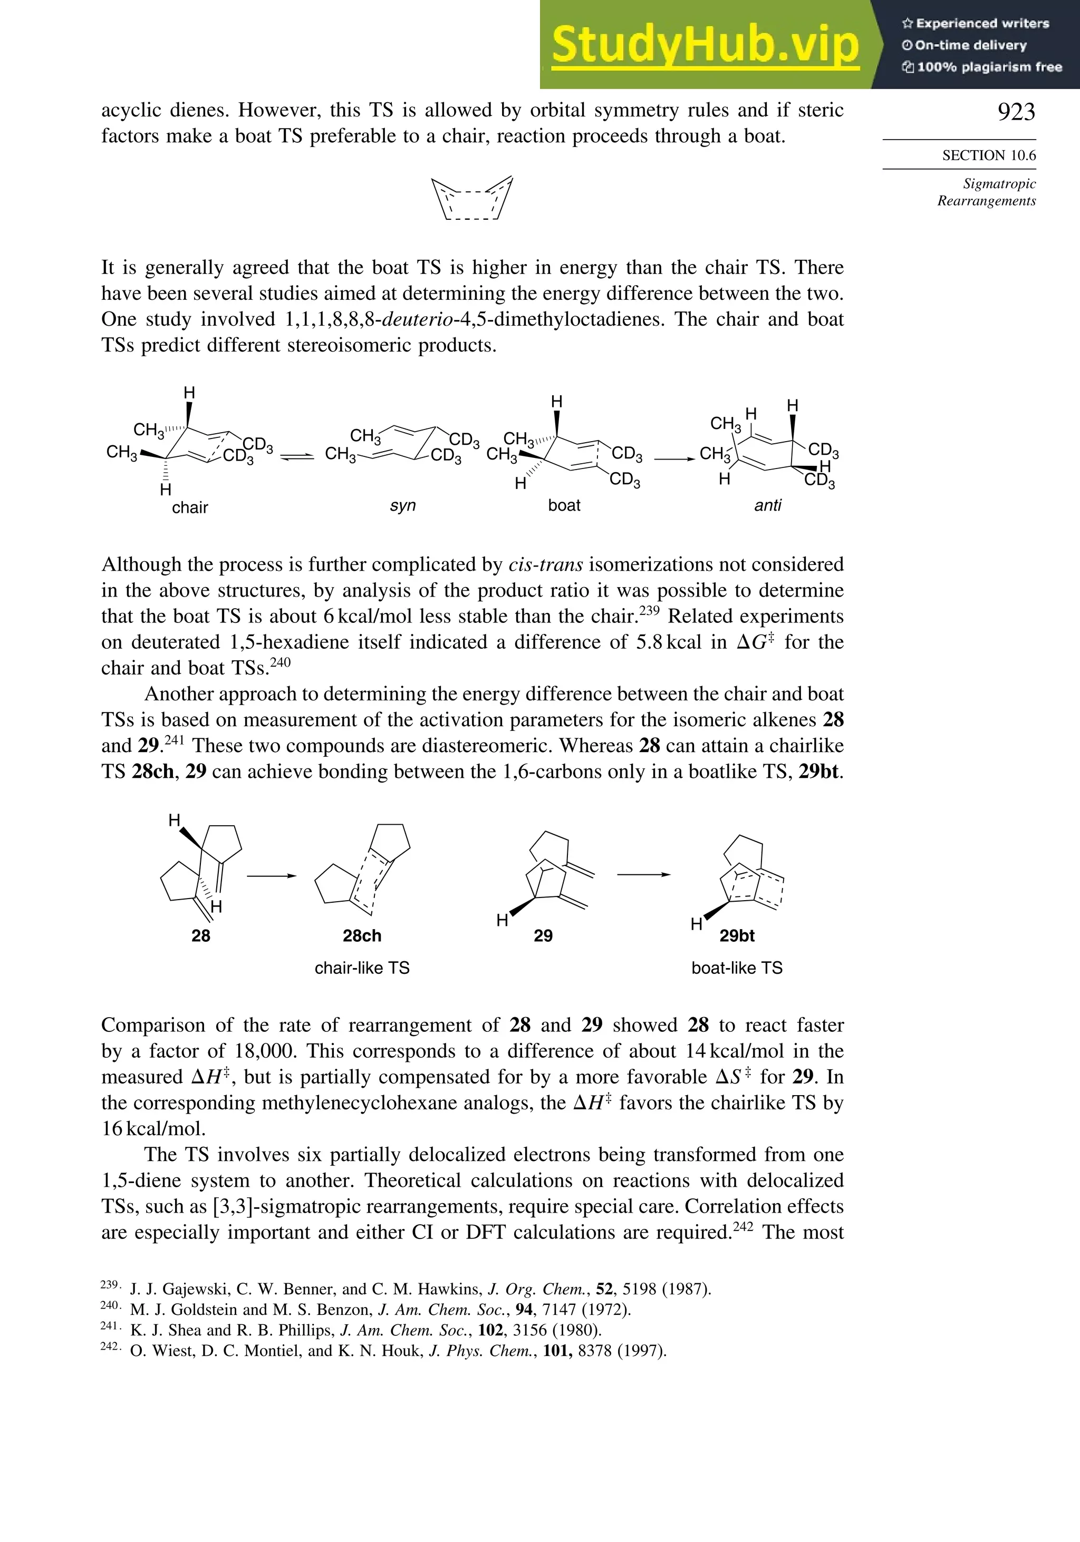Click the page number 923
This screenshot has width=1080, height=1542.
[x=1016, y=112]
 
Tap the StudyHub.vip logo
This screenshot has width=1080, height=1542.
[x=705, y=44]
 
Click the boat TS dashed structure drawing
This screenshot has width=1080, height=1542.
[x=472, y=199]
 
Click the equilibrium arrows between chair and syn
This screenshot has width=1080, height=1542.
[x=296, y=457]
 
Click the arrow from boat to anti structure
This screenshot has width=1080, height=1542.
[x=674, y=460]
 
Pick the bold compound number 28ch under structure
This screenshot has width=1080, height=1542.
[x=362, y=935]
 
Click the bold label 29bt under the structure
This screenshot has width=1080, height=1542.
[x=737, y=935]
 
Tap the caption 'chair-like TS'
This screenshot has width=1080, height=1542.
[x=362, y=968]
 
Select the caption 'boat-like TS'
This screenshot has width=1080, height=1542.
[x=737, y=968]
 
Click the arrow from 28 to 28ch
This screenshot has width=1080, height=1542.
[x=272, y=876]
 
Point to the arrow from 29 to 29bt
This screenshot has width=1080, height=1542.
[x=644, y=874]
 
